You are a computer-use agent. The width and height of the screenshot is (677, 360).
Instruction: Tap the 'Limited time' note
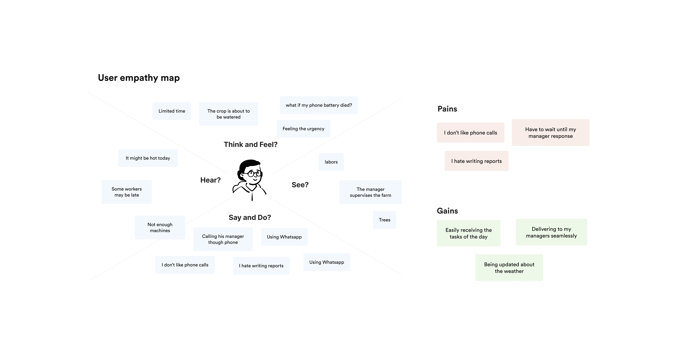(x=172, y=111)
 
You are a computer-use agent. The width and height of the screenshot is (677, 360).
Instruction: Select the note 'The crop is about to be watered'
(x=228, y=114)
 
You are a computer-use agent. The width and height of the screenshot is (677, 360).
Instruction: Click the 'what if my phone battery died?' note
(x=319, y=105)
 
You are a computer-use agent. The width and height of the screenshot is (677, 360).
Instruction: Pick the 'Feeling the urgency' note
(x=303, y=129)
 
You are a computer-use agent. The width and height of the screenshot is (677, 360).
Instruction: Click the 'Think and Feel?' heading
(x=250, y=145)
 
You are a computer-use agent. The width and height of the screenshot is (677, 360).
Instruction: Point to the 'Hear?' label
(x=210, y=180)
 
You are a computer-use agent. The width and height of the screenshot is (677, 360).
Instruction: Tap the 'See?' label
(x=300, y=185)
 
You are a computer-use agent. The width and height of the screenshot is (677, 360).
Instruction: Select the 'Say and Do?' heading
(x=250, y=218)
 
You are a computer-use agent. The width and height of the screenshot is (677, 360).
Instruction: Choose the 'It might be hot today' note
(x=148, y=158)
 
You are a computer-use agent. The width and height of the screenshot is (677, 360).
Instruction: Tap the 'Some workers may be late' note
(x=126, y=192)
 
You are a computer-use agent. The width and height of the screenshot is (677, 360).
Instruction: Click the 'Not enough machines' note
(x=160, y=228)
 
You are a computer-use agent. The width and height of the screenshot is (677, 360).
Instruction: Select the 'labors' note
(x=331, y=162)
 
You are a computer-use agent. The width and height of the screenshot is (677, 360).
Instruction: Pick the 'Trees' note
(x=384, y=220)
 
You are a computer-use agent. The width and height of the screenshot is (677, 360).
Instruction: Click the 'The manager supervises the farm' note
(x=370, y=192)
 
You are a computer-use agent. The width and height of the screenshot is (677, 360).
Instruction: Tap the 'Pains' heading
(x=447, y=109)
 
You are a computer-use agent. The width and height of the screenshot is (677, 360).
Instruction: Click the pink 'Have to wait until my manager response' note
(x=550, y=132)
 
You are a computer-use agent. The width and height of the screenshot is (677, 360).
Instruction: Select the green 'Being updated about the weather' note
(x=509, y=268)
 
